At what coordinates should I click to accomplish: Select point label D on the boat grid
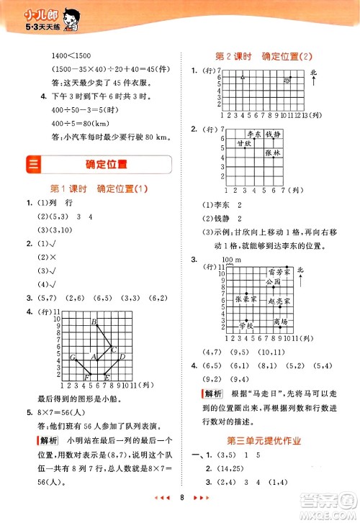point(122,356)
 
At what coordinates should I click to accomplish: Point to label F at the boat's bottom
point(86,377)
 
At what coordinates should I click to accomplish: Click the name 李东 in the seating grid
point(255,135)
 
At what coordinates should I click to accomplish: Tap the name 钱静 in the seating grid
point(274,135)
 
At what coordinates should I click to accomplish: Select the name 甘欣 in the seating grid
point(244,144)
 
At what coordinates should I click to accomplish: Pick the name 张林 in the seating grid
point(272,153)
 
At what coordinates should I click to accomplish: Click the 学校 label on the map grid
point(247,326)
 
